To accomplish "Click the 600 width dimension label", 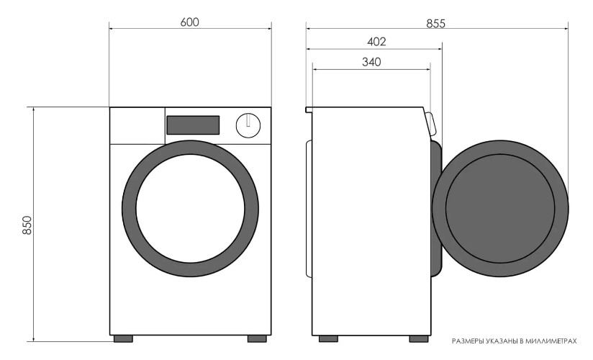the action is pos(189,22).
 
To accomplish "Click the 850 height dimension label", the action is pos(27,225).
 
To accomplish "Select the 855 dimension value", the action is pos(436,24).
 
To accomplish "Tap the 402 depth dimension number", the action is pos(376,42).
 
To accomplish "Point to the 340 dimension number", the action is pos(371,62).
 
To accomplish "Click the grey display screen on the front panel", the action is pos(193,125).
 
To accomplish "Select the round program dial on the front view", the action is pos(248,125).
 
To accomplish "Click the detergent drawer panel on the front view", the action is pos(137,126).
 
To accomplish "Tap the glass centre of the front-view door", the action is pos(190,208).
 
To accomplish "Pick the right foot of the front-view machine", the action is pos(257,339).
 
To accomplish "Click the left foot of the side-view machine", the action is pos(328,339).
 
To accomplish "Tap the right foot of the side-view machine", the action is pos(419,339).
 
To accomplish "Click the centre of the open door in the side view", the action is pos(500,209).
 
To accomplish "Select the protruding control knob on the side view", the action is pos(431,124).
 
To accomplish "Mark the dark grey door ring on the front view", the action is pos(129,208).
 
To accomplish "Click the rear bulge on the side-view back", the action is pos(309,209).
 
